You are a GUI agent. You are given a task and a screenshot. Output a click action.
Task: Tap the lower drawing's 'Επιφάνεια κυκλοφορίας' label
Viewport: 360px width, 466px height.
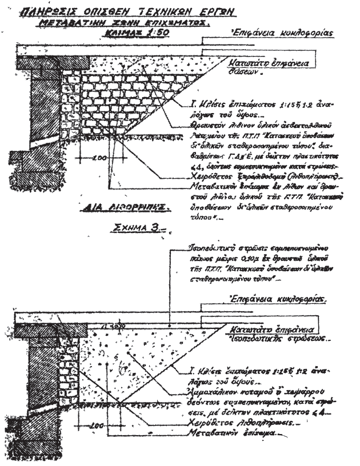(278, 298)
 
